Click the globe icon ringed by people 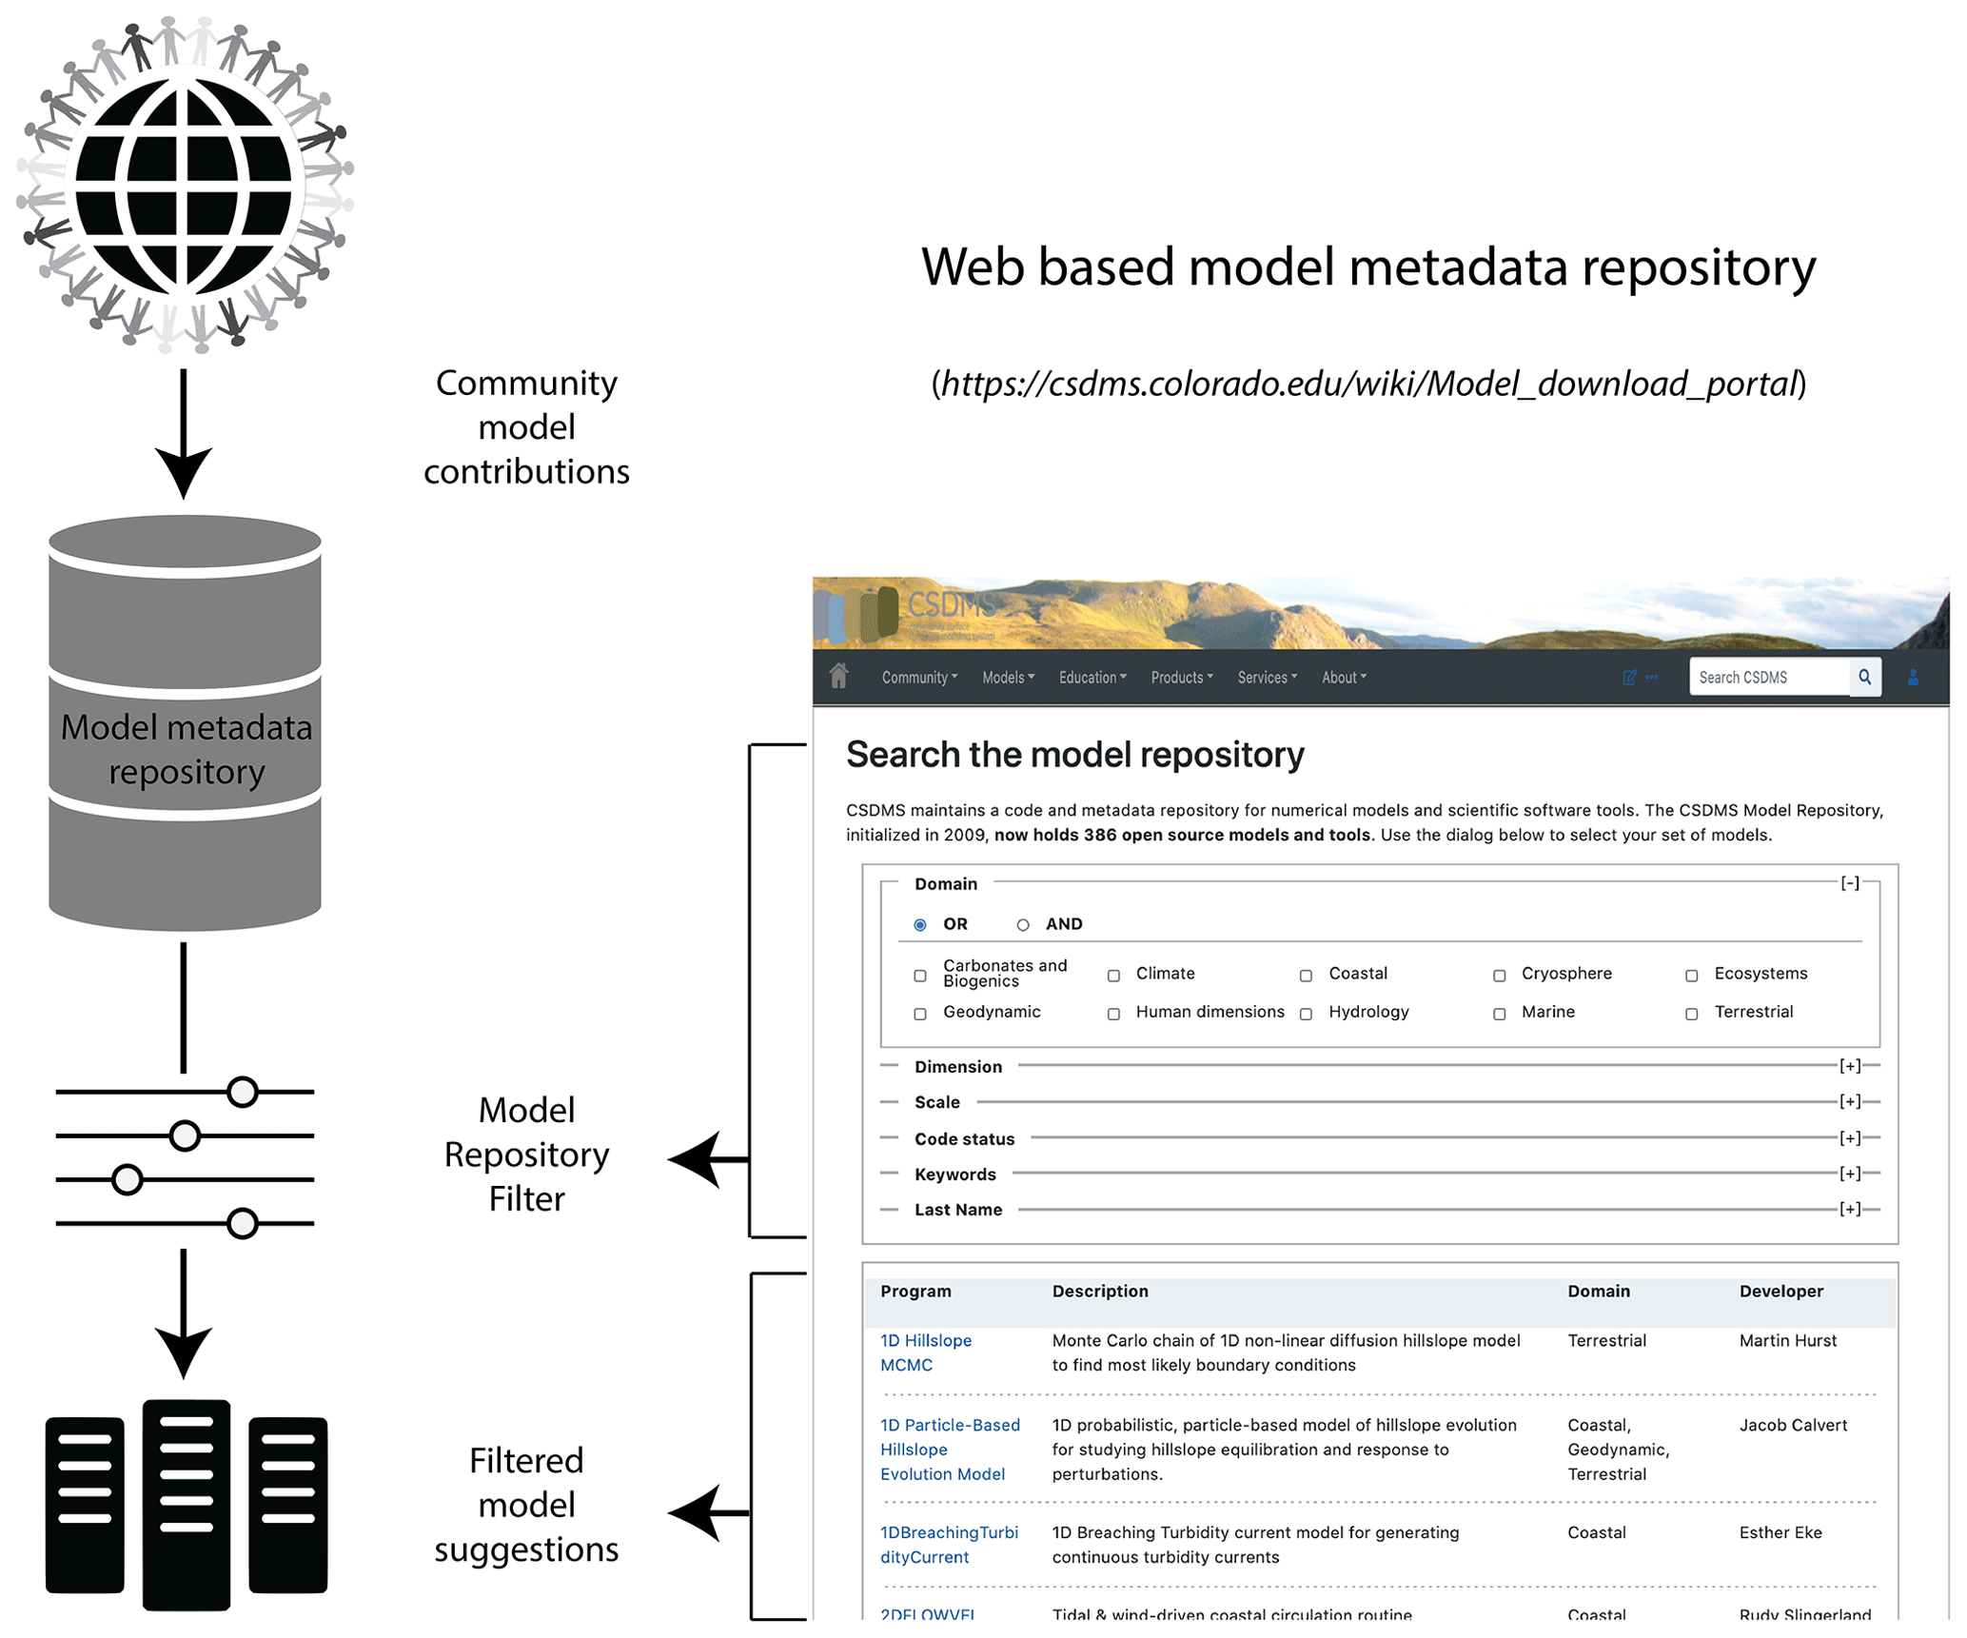(184, 184)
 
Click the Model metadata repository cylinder (185, 723)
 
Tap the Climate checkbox (1113, 976)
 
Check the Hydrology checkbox (1307, 1014)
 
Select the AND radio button (1023, 925)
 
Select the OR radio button (920, 925)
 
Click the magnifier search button (1864, 677)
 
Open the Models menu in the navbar (1007, 678)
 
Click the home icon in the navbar (838, 676)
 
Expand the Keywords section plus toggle (1849, 1174)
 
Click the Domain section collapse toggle (1849, 883)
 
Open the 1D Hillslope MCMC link (925, 1352)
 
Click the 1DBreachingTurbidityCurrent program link (948, 1545)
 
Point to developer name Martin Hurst (1787, 1341)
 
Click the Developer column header (1780, 1292)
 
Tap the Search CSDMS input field (1768, 678)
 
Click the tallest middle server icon (187, 1504)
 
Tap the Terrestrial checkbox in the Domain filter (1692, 1014)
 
